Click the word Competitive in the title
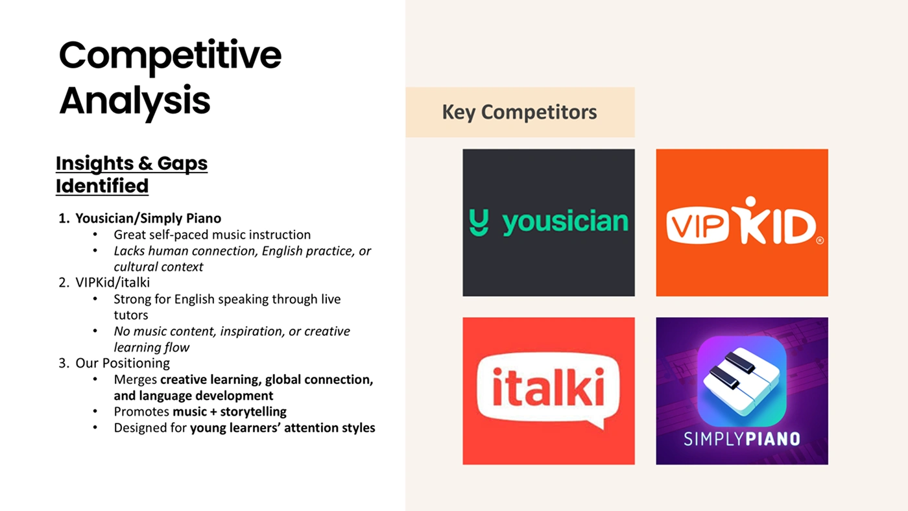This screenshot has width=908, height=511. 170,56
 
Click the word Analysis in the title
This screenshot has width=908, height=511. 135,101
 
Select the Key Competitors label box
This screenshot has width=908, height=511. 520,112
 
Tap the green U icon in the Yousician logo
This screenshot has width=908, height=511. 479,222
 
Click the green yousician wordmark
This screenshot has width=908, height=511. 565,222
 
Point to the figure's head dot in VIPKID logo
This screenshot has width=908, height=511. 750,202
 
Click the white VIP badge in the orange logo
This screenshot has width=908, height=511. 698,225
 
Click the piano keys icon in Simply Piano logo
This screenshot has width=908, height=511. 742,381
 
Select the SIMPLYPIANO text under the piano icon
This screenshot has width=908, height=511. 742,439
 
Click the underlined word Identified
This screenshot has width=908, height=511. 102,186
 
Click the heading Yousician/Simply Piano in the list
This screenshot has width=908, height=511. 149,219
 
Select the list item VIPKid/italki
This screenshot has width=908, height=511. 112,283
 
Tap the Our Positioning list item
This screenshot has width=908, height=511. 123,363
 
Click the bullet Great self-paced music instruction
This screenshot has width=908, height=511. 212,235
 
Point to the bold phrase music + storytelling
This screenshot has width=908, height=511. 230,412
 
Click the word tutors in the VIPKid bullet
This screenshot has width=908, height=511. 131,315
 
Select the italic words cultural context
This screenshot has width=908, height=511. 158,267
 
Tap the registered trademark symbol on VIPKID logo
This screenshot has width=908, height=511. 820,241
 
